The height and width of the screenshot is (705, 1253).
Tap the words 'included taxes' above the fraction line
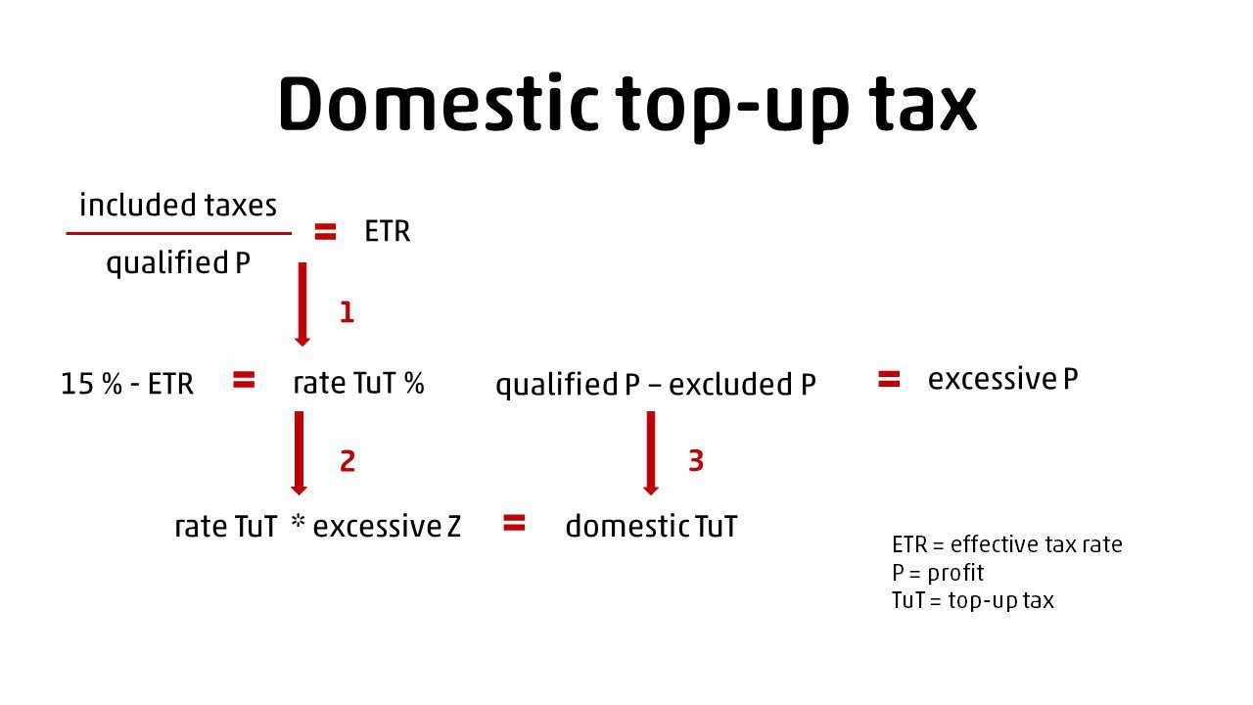(x=178, y=205)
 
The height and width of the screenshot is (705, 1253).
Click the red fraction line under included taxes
(x=178, y=233)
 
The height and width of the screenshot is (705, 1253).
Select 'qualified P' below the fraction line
(x=178, y=263)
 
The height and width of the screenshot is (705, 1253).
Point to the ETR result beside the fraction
(x=387, y=231)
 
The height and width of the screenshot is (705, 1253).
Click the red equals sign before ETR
(x=325, y=231)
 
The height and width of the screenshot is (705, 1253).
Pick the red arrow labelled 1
(x=302, y=305)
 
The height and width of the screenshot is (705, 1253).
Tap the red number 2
(x=348, y=461)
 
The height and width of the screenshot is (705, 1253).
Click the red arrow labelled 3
(x=651, y=453)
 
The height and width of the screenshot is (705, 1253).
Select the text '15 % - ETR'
(x=127, y=384)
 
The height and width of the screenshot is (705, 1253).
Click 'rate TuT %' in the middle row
(x=358, y=383)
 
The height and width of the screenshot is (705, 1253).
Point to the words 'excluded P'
(x=742, y=385)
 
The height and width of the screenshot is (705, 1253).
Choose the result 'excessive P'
(x=1003, y=379)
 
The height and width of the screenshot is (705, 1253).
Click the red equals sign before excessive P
(x=889, y=379)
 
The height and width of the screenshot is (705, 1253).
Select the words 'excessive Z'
(x=387, y=527)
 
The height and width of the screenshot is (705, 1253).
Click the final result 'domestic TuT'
(x=652, y=527)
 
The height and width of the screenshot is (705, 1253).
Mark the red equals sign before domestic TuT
(x=514, y=523)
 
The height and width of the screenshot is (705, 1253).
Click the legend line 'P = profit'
(x=938, y=573)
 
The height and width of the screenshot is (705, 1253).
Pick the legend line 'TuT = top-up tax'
(x=973, y=600)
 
